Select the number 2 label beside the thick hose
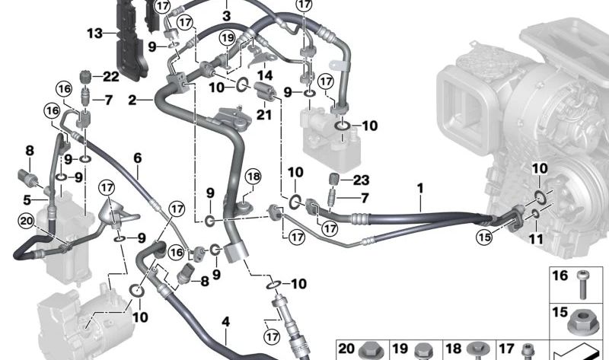tap(132, 100)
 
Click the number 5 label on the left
tap(27, 201)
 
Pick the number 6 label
tap(138, 158)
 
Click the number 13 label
tap(94, 33)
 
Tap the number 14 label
tap(265, 75)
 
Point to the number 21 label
tap(264, 114)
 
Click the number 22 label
tap(111, 75)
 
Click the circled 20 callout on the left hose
tap(27, 221)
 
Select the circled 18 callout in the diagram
tap(253, 177)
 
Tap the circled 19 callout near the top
tap(227, 37)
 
